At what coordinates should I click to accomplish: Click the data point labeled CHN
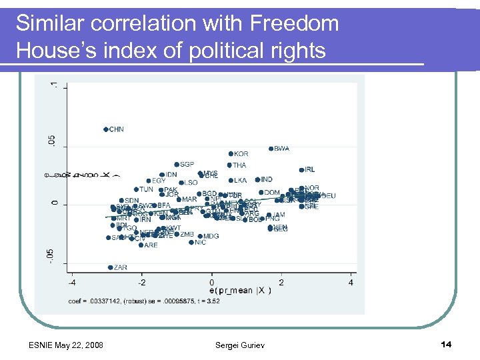105,129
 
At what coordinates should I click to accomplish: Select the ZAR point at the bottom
111,267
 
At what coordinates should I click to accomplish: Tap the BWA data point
271,149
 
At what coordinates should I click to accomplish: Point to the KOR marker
230,154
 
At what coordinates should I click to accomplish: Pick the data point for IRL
301,170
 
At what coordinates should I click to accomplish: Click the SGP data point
177,164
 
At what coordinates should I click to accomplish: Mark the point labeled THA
229,165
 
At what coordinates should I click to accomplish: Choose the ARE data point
141,245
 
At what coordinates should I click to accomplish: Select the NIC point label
200,243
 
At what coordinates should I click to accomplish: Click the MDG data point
199,236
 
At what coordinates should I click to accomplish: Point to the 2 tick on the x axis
281,283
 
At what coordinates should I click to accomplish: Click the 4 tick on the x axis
351,283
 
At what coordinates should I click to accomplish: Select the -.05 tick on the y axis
54,254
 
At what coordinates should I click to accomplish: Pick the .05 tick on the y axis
54,141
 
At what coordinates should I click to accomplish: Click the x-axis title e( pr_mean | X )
240,291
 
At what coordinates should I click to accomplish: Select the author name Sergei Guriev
239,345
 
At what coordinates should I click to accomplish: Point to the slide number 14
446,344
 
